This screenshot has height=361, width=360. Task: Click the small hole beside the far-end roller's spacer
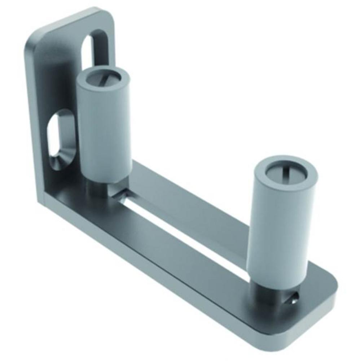(295, 297)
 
